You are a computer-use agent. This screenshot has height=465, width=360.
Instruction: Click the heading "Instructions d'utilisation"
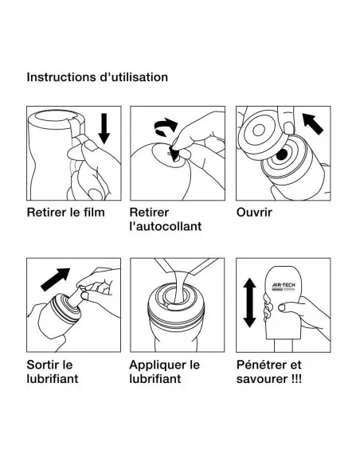(x=97, y=77)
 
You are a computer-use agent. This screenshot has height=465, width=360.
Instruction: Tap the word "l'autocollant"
(x=165, y=227)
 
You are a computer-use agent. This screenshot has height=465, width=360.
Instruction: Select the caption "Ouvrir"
(x=255, y=213)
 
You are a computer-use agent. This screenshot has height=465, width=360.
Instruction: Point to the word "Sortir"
(x=45, y=364)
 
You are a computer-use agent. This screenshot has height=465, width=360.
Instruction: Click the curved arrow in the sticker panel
(x=165, y=124)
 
